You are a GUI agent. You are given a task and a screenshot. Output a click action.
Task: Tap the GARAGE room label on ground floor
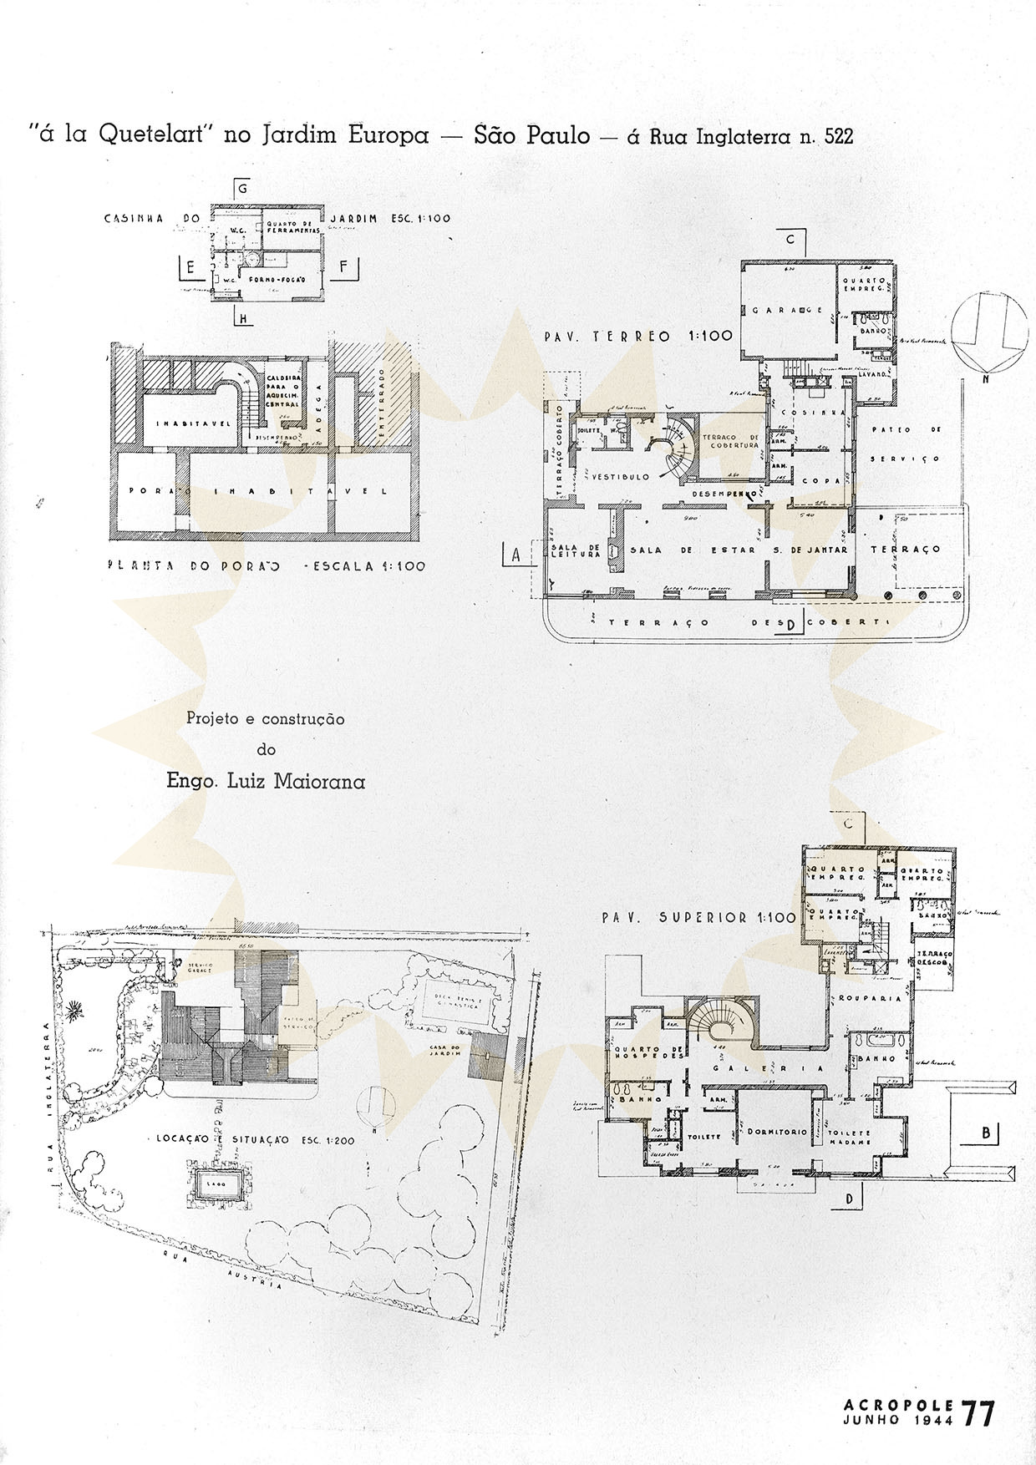(788, 310)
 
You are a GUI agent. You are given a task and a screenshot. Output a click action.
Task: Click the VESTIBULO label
(621, 477)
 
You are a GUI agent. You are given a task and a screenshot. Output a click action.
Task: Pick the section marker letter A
(515, 554)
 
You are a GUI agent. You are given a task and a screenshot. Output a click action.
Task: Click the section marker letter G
(242, 189)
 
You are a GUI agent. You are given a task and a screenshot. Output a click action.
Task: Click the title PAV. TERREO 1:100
(637, 337)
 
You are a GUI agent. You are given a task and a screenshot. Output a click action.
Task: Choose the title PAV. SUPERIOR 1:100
(698, 917)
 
